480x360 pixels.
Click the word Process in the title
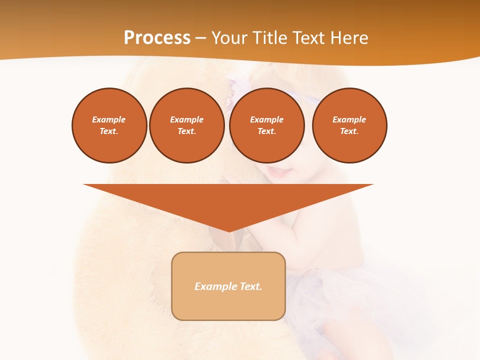click(157, 38)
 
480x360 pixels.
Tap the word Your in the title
click(228, 38)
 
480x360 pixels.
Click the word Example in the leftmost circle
click(109, 119)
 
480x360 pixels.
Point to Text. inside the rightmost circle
click(349, 131)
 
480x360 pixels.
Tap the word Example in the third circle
click(266, 119)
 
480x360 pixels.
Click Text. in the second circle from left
click(186, 131)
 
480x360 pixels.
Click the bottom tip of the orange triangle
click(229, 230)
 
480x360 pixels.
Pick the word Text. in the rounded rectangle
click(251, 286)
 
